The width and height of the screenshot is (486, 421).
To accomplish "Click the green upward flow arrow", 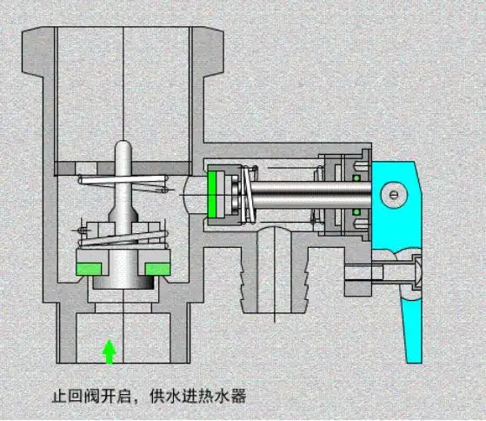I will click(x=110, y=351).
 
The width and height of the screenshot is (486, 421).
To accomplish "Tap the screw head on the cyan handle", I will click(x=396, y=195).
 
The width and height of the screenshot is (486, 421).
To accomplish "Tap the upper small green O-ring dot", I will click(x=357, y=177).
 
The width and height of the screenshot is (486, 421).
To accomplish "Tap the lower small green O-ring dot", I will click(x=357, y=210).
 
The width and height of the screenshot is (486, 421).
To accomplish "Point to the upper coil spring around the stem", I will click(x=123, y=184).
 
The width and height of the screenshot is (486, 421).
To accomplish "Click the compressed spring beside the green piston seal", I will click(x=247, y=193).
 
